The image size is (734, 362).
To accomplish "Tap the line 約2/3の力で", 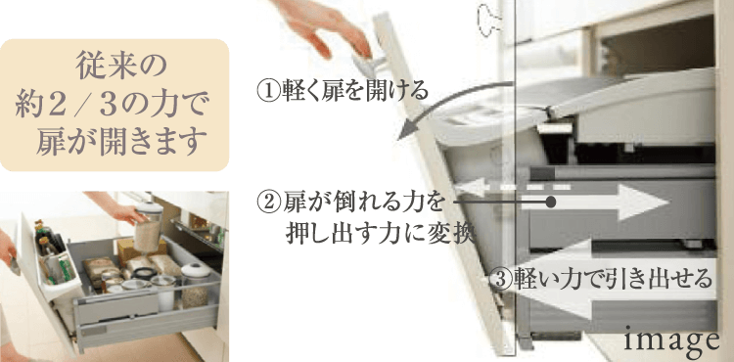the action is tap(111, 105).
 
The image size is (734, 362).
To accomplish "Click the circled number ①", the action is tap(269, 90).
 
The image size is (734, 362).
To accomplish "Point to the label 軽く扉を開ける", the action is tap(354, 90).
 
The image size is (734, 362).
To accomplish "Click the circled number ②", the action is tap(269, 203).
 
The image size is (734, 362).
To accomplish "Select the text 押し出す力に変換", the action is tap(380, 233).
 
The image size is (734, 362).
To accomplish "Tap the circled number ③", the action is tap(500, 279).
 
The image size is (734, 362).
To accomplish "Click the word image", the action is tap(672, 340).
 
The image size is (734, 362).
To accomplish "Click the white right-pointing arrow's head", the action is tap(645, 203).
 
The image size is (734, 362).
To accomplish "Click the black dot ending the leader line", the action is tap(551, 203).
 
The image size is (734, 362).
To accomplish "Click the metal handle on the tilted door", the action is tap(369, 65).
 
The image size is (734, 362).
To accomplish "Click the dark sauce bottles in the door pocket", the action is tap(48, 240).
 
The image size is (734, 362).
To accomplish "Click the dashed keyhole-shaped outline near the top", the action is tap(487, 20).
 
